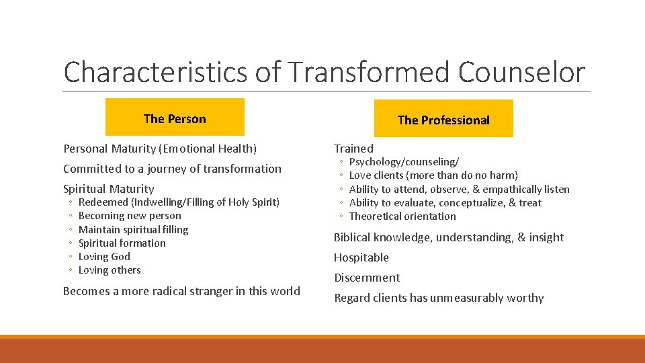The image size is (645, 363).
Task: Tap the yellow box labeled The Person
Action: (x=175, y=118)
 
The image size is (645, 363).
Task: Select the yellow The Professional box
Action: (x=443, y=120)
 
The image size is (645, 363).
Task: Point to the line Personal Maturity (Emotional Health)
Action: (x=160, y=149)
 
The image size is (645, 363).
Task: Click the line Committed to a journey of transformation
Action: (x=172, y=169)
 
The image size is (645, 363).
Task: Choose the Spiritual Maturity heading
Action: (x=108, y=189)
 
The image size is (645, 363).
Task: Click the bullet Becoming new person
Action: (x=130, y=216)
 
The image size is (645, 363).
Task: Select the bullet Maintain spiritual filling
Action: (x=133, y=229)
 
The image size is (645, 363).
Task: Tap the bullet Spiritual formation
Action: (x=122, y=243)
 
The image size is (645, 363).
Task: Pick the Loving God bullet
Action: (x=104, y=256)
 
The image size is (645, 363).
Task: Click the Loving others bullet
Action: (x=110, y=270)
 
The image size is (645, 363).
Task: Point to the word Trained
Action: (x=353, y=149)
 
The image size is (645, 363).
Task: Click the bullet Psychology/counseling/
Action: (x=404, y=162)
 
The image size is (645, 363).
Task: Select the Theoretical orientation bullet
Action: (x=402, y=216)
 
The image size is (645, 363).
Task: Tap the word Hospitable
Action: (x=361, y=257)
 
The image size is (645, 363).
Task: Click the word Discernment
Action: (x=367, y=278)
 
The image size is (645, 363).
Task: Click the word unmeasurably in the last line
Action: (x=471, y=298)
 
